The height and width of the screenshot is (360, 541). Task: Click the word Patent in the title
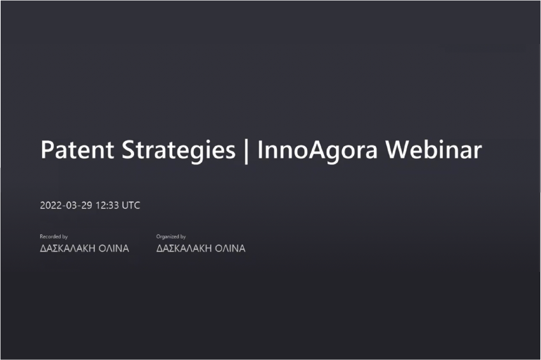(77, 150)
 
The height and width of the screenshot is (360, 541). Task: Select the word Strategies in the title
(179, 151)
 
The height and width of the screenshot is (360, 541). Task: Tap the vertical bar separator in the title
(246, 151)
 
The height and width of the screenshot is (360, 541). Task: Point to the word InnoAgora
(318, 151)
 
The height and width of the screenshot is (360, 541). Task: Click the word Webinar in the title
(433, 149)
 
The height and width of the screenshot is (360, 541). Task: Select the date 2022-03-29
(66, 206)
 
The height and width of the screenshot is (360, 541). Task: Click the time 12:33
(107, 206)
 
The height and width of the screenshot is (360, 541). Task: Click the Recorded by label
(54, 237)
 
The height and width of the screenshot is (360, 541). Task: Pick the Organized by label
(171, 237)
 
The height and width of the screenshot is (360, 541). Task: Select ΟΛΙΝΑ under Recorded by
(114, 248)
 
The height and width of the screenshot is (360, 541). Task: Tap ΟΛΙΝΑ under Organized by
(230, 248)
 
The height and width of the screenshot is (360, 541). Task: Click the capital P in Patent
(47, 150)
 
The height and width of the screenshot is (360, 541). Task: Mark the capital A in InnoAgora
(316, 150)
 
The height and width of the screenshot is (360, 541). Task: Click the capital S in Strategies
(129, 150)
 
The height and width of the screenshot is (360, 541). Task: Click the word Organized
(168, 237)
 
